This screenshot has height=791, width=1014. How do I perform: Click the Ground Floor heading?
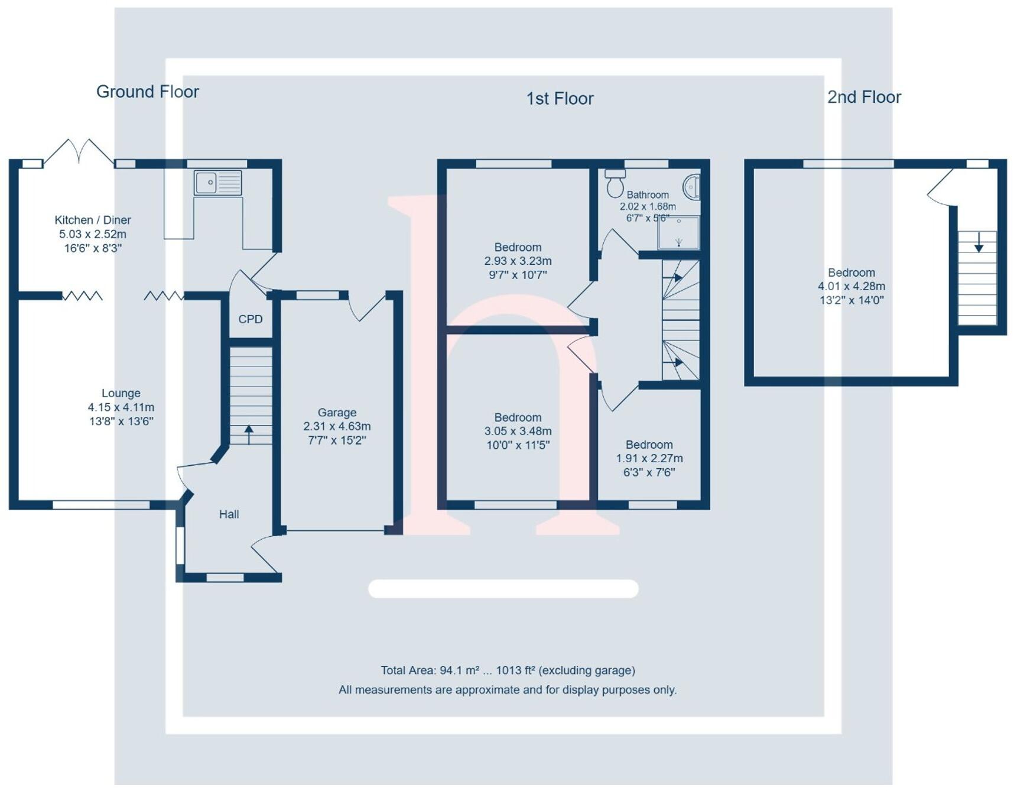[147, 92]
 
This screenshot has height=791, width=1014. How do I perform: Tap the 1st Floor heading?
[560, 98]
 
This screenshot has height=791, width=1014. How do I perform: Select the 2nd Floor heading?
[864, 97]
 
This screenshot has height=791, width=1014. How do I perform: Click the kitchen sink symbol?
[217, 183]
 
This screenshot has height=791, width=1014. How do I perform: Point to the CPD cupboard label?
[250, 319]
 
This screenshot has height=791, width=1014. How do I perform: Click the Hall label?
[229, 514]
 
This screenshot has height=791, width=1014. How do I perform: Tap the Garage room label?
[337, 413]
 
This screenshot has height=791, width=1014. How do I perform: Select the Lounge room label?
[121, 393]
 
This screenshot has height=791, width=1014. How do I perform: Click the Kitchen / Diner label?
[93, 220]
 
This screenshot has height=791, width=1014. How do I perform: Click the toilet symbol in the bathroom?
[615, 183]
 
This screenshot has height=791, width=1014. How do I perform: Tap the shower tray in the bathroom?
[678, 233]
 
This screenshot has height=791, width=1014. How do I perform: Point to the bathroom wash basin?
[692, 187]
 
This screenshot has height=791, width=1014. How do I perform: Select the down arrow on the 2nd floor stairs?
[979, 242]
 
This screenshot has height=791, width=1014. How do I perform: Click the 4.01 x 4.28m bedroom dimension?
[851, 286]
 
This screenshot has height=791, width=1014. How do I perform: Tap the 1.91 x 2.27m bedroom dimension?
[649, 458]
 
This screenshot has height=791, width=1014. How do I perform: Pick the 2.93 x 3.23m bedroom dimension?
[518, 261]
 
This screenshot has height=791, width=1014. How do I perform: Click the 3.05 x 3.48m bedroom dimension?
[518, 431]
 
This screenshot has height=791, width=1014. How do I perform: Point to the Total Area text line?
[508, 670]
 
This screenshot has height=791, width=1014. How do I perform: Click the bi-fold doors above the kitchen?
[79, 150]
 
